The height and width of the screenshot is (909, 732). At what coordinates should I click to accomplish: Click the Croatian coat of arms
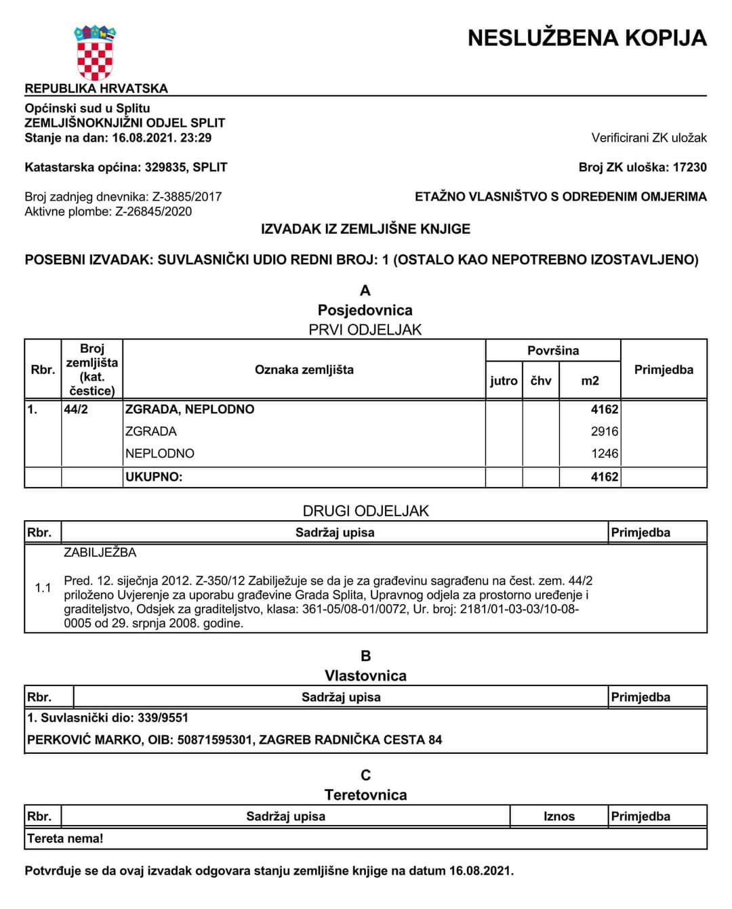94,54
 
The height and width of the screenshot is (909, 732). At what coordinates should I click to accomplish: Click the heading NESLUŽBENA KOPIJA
587,38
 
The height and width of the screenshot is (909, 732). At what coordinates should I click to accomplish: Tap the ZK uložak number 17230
689,167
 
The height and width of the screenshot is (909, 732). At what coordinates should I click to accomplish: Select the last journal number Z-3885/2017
187,197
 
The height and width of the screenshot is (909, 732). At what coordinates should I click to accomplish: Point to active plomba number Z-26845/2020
153,212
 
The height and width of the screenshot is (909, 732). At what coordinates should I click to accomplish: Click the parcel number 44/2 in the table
76,410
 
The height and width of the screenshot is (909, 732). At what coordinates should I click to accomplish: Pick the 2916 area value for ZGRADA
604,431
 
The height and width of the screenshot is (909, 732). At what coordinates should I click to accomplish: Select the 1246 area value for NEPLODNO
604,454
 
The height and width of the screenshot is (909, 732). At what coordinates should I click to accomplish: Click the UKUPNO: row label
154,477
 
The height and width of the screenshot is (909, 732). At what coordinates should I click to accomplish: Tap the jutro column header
504,381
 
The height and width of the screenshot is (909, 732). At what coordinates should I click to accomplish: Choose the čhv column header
541,381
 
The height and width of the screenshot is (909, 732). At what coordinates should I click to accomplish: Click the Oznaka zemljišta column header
304,370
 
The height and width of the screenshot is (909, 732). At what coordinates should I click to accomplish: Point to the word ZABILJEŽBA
100,553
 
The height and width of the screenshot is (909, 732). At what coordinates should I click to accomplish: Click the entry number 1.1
43,588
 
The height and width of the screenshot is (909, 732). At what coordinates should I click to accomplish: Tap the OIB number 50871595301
214,740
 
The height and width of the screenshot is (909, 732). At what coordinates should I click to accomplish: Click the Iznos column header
558,817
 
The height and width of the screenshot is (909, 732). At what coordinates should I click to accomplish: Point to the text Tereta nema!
65,839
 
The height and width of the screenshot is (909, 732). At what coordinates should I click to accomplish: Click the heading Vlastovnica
365,676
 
